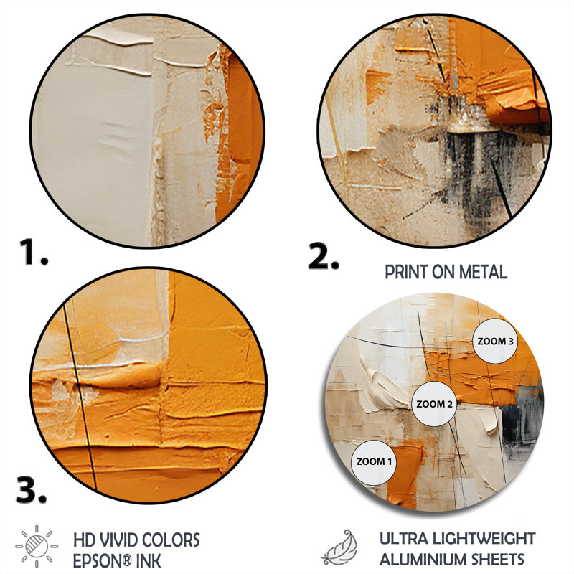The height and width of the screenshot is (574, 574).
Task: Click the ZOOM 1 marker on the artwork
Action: pyautogui.click(x=374, y=463)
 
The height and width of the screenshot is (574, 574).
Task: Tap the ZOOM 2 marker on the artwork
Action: pyautogui.click(x=434, y=404)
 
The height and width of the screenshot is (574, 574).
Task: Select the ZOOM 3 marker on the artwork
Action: pyautogui.click(x=495, y=342)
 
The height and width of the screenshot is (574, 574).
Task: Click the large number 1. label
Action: pyautogui.click(x=33, y=252)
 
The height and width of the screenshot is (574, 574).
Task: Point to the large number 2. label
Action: pyautogui.click(x=323, y=256)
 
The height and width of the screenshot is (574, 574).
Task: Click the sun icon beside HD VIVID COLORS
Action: pyautogui.click(x=37, y=547)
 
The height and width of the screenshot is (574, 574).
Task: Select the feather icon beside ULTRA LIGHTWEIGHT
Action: pyautogui.click(x=339, y=547)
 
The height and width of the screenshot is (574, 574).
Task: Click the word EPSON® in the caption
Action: pyautogui.click(x=102, y=561)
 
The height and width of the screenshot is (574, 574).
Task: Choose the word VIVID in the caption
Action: pyautogui.click(x=118, y=540)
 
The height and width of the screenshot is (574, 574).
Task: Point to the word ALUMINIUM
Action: pyautogui.click(x=422, y=560)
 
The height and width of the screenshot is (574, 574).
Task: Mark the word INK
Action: pyautogui.click(x=149, y=561)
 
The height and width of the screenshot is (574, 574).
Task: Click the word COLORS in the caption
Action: pyautogui.click(x=171, y=540)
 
